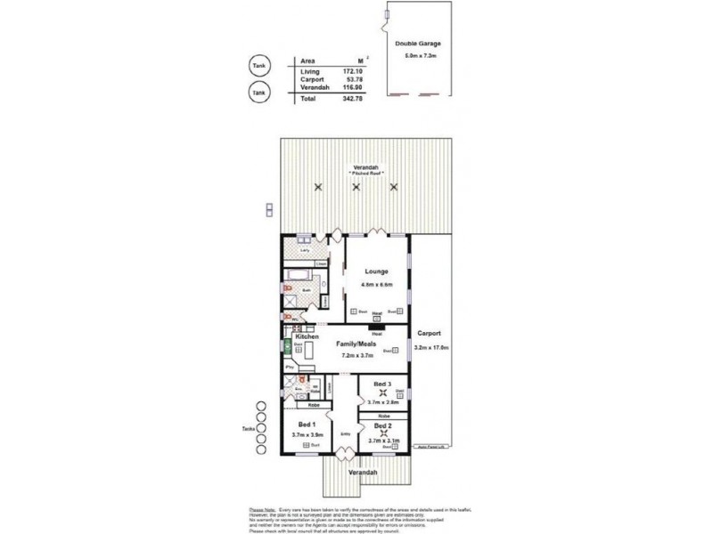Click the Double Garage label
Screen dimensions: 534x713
[x=418, y=44]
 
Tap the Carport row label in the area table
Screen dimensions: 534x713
[x=311, y=80]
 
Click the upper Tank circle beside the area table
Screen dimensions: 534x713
[x=258, y=66]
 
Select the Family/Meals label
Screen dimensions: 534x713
[x=354, y=344]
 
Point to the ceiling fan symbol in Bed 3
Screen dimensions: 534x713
[x=383, y=392]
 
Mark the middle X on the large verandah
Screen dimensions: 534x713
[x=356, y=187]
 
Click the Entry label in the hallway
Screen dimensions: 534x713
[x=344, y=433]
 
